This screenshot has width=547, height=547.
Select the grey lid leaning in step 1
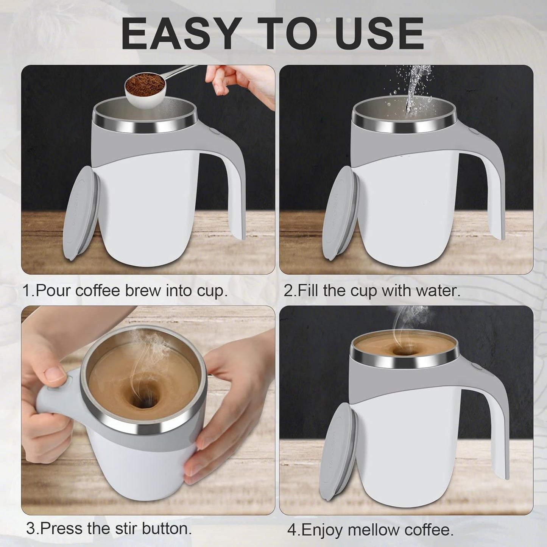pos(81,214)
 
